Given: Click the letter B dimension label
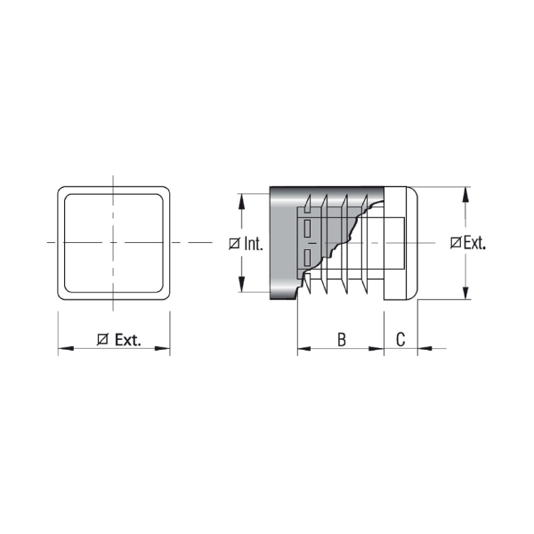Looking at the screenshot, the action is (342, 339).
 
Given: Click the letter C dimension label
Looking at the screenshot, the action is (400, 339).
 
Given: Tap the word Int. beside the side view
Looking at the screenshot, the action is (254, 244).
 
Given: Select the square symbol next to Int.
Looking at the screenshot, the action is (234, 244).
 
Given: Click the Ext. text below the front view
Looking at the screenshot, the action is (127, 340).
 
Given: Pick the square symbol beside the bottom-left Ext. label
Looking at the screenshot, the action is (102, 340).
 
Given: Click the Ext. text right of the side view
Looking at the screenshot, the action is (474, 243).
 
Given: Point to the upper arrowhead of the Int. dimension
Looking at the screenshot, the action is (241, 201).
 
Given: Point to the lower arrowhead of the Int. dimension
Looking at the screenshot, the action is (241, 285).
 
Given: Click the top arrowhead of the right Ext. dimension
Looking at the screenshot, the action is (465, 194).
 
